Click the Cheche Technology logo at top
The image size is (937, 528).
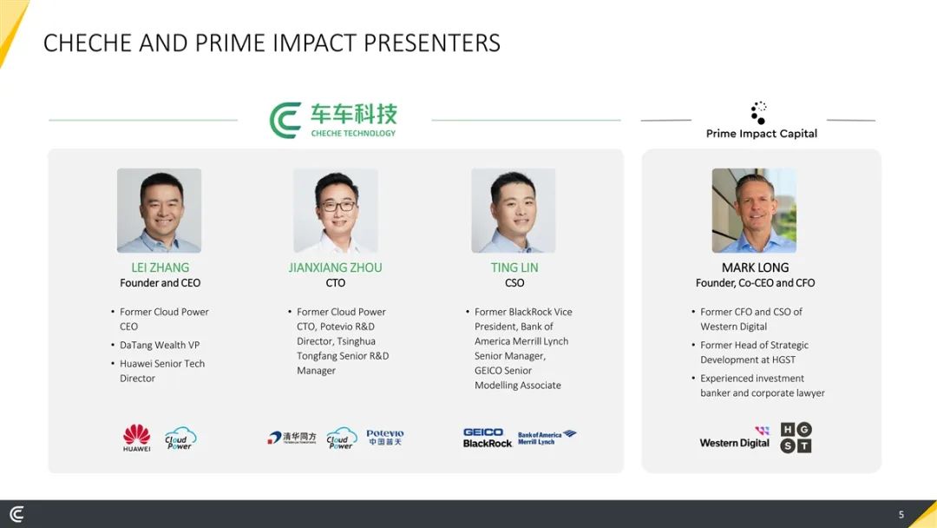pyautogui.click(x=333, y=120)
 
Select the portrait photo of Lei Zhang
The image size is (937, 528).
pyautogui.click(x=159, y=210)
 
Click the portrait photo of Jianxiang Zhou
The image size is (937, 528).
pyautogui.click(x=335, y=210)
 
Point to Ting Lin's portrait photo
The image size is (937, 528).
pyautogui.click(x=514, y=210)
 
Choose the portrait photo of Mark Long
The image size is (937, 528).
pyautogui.click(x=754, y=210)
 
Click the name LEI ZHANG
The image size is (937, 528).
pyautogui.click(x=161, y=267)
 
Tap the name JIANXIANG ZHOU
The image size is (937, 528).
pyautogui.click(x=335, y=267)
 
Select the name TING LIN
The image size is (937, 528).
pyautogui.click(x=514, y=267)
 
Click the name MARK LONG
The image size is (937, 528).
pyautogui.click(x=756, y=267)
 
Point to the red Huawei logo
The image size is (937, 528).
pyautogui.click(x=137, y=438)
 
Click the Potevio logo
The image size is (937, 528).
pyautogui.click(x=385, y=437)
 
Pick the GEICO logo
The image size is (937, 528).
pyautogui.click(x=483, y=432)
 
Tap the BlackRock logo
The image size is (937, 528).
pyautogui.click(x=488, y=443)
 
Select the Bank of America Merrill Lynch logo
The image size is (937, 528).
pyautogui.click(x=547, y=438)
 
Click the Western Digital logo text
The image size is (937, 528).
pyautogui.click(x=735, y=443)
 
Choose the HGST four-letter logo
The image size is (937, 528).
pyautogui.click(x=796, y=438)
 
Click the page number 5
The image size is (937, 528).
pyautogui.click(x=901, y=514)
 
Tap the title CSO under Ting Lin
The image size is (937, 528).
pyautogui.click(x=514, y=283)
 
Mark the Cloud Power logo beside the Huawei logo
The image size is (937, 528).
pyautogui.click(x=180, y=439)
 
